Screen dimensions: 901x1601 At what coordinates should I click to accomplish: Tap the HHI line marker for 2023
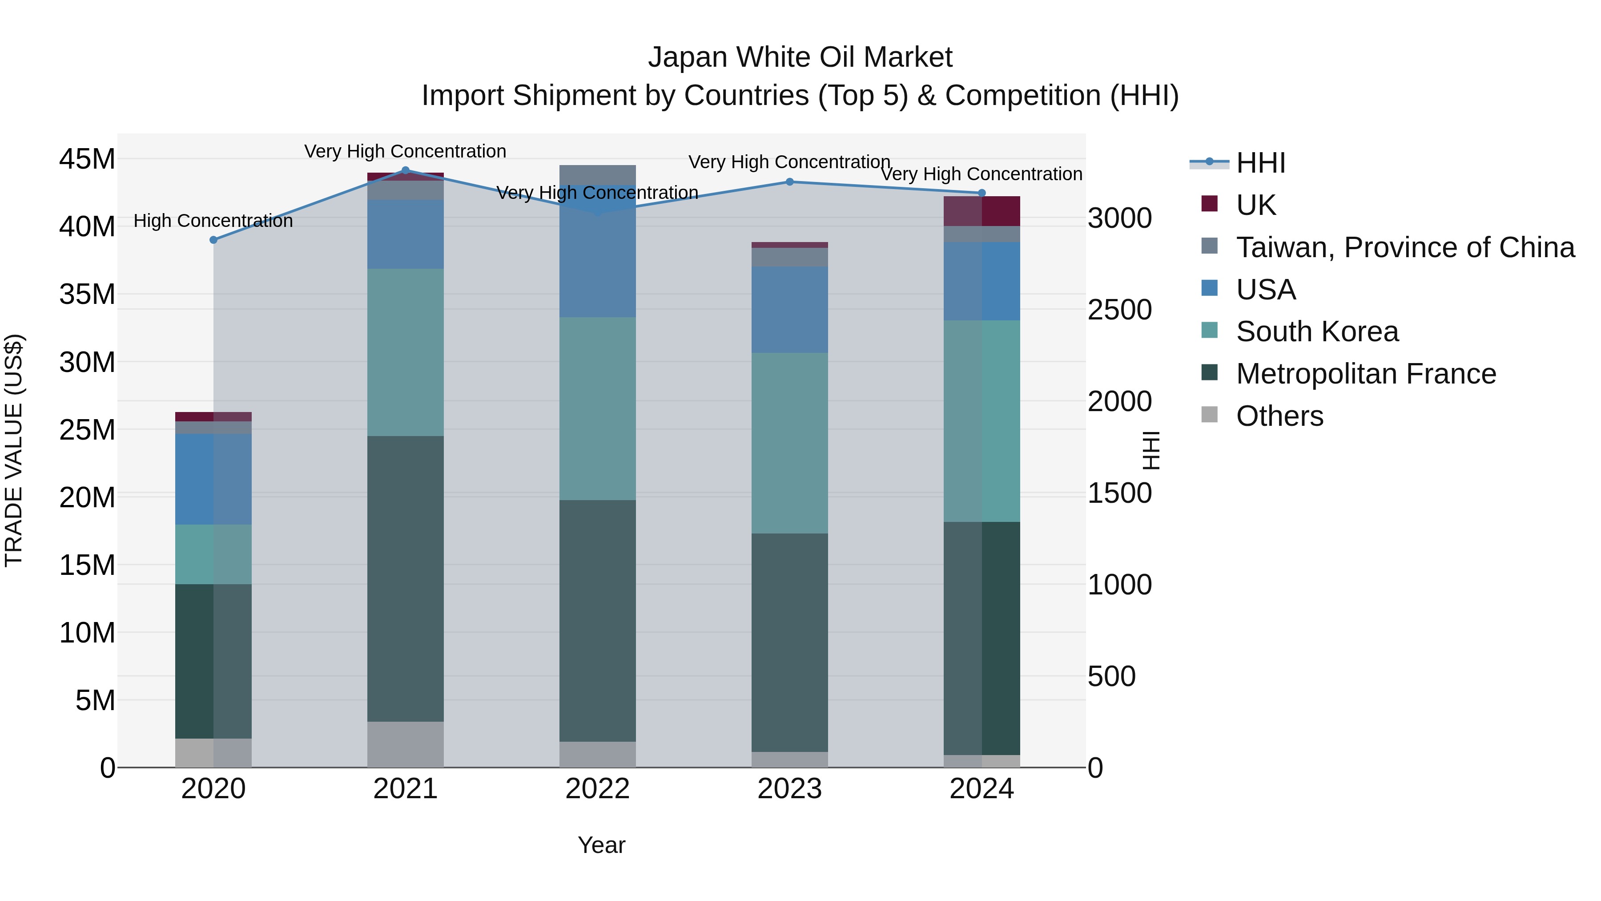tap(789, 182)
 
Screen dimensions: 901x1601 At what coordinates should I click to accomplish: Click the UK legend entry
tap(1255, 205)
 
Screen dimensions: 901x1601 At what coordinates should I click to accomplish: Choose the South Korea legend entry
tap(1316, 331)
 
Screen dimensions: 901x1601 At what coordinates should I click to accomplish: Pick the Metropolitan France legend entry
tap(1365, 374)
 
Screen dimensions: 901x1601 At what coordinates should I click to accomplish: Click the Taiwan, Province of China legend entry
tap(1404, 247)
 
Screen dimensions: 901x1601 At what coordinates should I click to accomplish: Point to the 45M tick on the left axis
tap(87, 159)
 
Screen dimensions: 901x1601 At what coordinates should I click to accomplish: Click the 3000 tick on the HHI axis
tap(1119, 218)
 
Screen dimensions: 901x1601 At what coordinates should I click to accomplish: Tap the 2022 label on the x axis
tap(597, 789)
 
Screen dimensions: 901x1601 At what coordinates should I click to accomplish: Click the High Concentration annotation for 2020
tap(213, 221)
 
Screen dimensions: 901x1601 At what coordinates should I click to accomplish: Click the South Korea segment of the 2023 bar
tap(789, 443)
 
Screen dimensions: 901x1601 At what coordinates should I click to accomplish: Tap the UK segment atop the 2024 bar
tap(982, 211)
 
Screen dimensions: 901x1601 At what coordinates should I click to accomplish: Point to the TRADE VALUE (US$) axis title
tap(14, 450)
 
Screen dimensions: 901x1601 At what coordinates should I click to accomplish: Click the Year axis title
tap(601, 845)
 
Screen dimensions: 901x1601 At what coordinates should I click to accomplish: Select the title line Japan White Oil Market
tap(800, 57)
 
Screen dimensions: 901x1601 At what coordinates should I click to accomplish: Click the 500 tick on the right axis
tap(1111, 676)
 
